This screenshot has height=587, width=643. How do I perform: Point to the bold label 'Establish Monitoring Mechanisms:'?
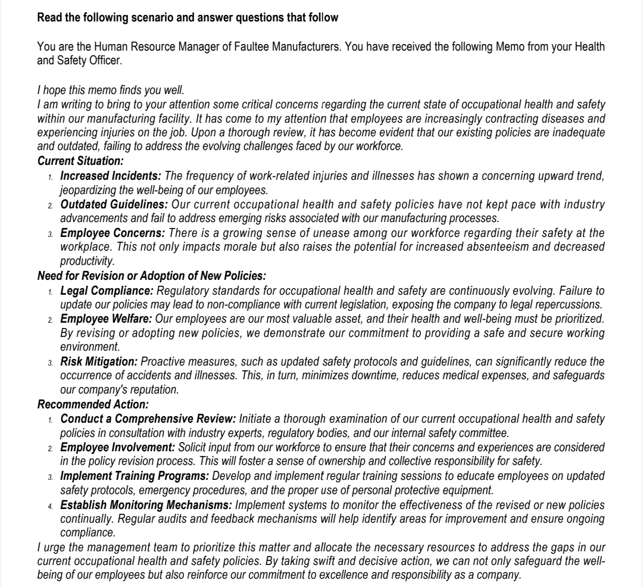pos(146,504)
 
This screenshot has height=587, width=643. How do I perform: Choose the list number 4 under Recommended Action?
pos(51,505)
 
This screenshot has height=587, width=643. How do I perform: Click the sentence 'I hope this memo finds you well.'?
pos(111,90)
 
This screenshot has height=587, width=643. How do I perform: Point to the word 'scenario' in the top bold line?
pos(139,18)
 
